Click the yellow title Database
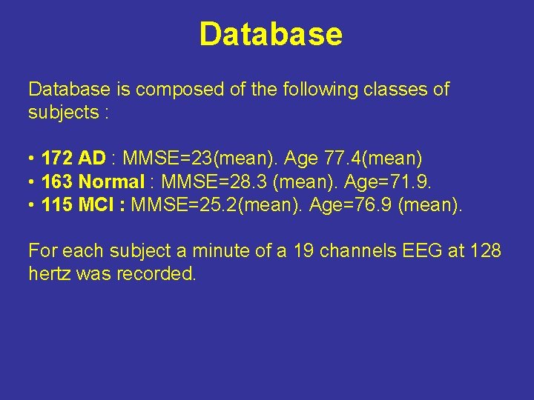[271, 34]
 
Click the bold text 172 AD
[74, 159]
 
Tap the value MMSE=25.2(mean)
[217, 204]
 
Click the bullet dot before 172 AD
[32, 159]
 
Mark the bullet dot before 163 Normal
[32, 182]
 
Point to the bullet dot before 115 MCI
[32, 205]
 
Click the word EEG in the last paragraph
[419, 251]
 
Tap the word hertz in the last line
[48, 274]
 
